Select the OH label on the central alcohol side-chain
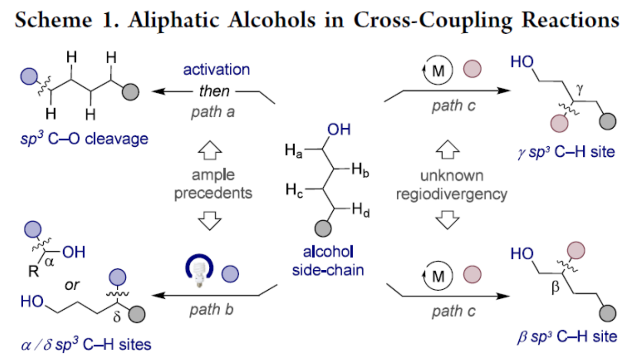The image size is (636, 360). [339, 130]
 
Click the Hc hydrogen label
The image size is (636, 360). [293, 190]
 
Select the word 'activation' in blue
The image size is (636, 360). [216, 69]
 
